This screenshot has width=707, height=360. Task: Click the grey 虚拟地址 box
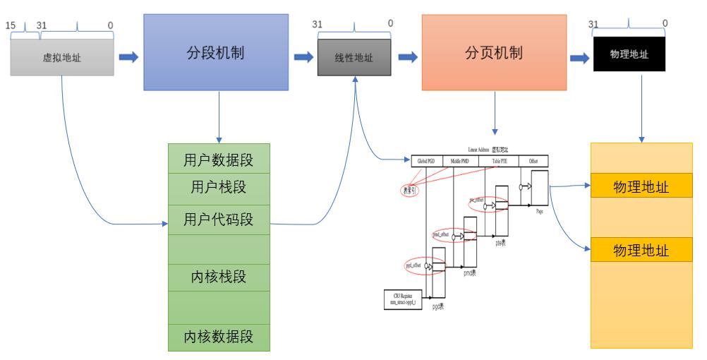(x=62, y=57)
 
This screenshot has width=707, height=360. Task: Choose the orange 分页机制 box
(x=494, y=52)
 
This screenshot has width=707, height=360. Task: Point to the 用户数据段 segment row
(x=219, y=157)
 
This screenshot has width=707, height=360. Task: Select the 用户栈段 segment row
(x=219, y=188)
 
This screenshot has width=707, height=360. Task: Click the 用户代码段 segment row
(x=219, y=220)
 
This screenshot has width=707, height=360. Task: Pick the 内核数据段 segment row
(x=219, y=335)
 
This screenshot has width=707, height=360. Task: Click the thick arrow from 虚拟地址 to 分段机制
(x=128, y=56)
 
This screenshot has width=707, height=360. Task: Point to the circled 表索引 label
(x=410, y=190)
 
